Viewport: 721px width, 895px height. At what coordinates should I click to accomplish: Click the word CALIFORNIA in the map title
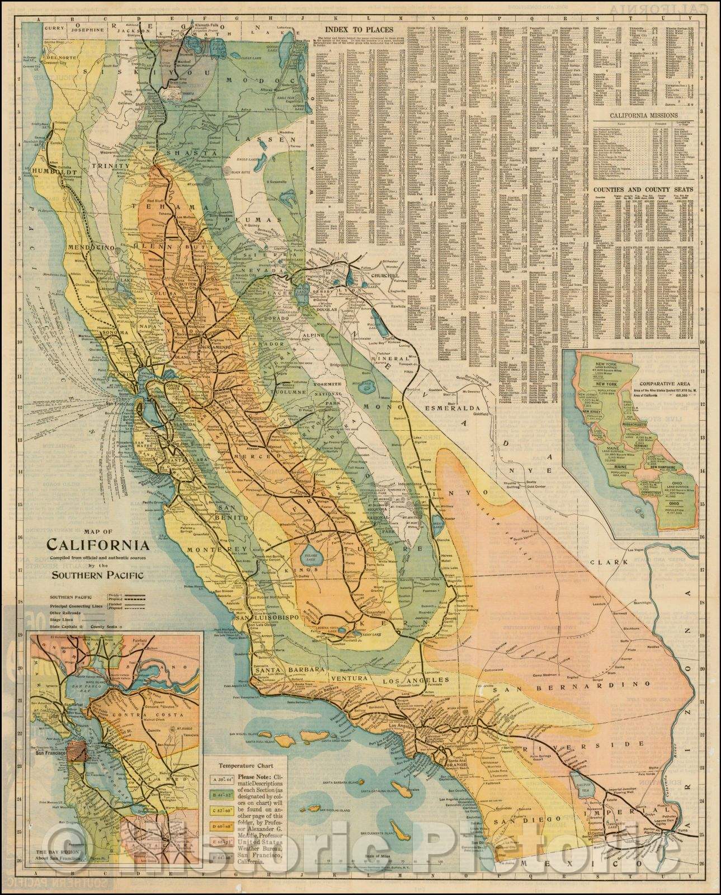[x=97, y=544]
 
